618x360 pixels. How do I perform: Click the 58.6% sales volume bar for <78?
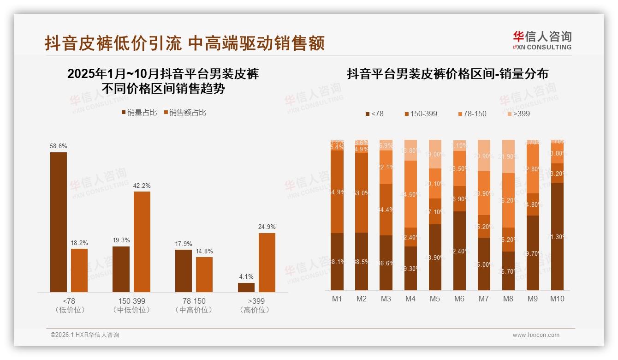coord(59,222)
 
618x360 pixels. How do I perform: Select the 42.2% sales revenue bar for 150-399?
coord(142,241)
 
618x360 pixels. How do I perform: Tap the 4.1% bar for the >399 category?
coord(246,287)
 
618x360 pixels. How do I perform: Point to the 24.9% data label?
coord(267,227)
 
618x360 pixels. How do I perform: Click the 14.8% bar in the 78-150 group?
coord(204,274)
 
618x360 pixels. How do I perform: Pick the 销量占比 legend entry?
coord(139,113)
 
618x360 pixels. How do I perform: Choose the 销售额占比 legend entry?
coord(185,113)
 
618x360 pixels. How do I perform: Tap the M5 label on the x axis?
coord(435,299)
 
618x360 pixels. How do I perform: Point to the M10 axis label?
coord(557,299)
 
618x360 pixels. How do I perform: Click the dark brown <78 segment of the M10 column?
coord(557,236)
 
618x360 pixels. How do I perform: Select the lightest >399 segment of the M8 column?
coord(508,156)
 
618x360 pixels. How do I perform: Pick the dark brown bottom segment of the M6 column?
coord(459,251)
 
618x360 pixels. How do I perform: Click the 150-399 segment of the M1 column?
coord(337,192)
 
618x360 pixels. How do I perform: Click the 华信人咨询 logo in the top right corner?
coord(542,40)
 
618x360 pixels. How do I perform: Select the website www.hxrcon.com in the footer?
coord(536,335)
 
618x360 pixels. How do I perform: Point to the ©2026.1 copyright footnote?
coord(85,335)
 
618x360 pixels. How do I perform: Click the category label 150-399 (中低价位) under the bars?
coord(131,305)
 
